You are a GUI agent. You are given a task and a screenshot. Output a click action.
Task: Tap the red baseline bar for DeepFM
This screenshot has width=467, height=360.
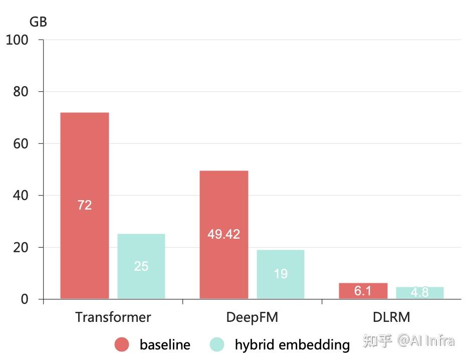(223, 201)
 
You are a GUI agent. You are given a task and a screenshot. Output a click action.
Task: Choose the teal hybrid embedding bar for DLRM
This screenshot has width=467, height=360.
(419, 293)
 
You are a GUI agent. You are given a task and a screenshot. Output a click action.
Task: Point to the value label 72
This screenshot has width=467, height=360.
(85, 205)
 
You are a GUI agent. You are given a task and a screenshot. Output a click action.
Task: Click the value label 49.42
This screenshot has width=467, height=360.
(223, 234)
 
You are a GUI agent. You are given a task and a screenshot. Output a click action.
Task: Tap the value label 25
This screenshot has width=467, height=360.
(141, 266)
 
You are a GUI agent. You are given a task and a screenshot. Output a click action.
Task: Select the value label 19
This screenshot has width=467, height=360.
(281, 273)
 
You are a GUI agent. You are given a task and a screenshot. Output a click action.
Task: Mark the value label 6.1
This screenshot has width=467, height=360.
(363, 291)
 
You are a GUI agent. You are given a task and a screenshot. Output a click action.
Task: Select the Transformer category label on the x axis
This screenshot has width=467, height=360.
(113, 317)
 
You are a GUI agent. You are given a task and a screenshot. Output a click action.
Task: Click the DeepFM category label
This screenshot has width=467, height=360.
(252, 317)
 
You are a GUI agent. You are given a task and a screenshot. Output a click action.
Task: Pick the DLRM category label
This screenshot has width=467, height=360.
(391, 317)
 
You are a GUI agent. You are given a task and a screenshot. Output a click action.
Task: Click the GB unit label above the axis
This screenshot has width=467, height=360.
(38, 22)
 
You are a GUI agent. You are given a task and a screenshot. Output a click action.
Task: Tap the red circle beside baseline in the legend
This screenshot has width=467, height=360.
(122, 344)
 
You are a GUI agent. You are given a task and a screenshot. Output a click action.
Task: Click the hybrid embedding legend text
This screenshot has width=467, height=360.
(292, 345)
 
